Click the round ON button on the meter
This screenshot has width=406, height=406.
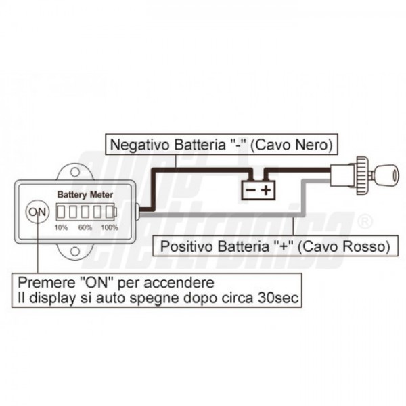click(x=37, y=211)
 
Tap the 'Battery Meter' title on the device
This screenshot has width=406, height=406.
click(x=85, y=195)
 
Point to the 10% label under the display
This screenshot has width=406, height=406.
click(x=61, y=227)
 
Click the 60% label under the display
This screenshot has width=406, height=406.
click(x=85, y=227)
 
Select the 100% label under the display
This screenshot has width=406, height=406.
click(x=109, y=227)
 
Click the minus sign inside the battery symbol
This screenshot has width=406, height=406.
click(x=249, y=190)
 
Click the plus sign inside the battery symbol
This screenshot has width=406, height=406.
click(x=265, y=190)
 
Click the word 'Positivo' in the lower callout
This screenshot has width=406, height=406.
click(x=181, y=246)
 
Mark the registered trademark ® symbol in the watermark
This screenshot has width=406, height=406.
click(x=364, y=221)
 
